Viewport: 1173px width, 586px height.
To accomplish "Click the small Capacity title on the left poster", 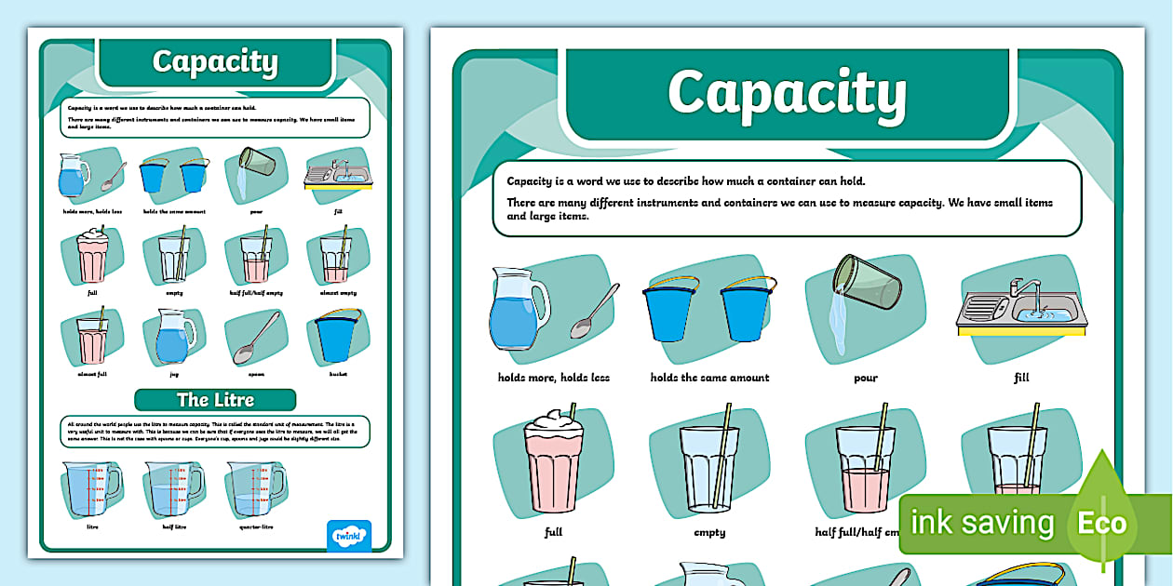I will [x=215, y=61].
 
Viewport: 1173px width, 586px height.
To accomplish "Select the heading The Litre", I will [x=215, y=400].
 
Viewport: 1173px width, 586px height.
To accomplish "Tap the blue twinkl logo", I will [x=349, y=537].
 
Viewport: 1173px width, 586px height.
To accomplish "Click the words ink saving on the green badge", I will [x=982, y=523].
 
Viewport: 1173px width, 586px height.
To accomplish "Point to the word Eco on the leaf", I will [x=1102, y=523].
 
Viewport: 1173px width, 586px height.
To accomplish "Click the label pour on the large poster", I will [x=865, y=378].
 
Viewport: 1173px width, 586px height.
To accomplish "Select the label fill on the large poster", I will [x=1021, y=378].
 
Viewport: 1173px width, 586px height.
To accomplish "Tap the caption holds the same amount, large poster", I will [x=709, y=378].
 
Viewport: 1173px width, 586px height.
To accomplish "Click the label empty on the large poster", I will [x=709, y=533].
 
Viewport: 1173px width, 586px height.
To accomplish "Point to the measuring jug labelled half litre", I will [x=172, y=488].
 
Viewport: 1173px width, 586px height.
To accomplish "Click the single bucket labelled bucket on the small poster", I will [x=336, y=336].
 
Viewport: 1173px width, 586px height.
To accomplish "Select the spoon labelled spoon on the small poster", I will [x=255, y=338].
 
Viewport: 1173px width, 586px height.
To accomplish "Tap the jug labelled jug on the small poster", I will [x=173, y=336].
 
